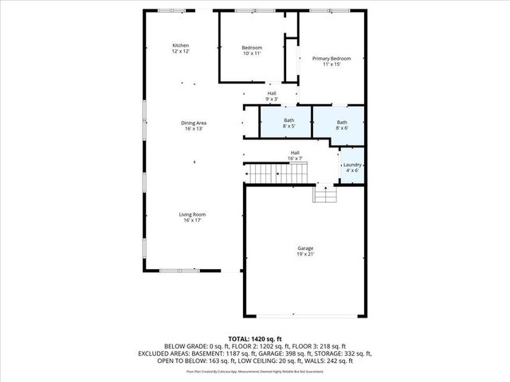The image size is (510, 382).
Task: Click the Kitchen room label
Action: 181,45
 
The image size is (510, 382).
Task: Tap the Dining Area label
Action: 194,123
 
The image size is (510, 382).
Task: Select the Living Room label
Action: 194,214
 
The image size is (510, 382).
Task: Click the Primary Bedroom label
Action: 331,58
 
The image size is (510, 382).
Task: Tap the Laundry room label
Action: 351,166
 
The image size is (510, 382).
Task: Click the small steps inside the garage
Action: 324,194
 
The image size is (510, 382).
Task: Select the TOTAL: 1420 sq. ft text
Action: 255,338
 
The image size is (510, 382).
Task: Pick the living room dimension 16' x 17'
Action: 194,220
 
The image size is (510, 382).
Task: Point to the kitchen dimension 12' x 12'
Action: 181,51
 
